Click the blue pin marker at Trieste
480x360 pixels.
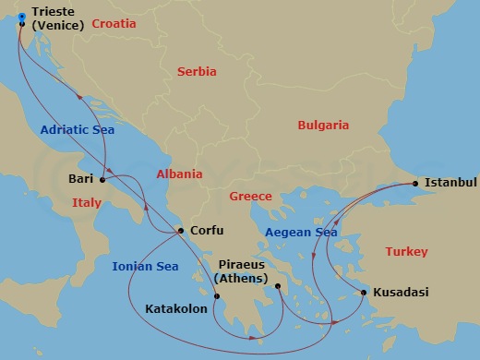(x=22, y=16)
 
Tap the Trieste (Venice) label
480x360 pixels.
(x=57, y=19)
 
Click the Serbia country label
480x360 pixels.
(x=197, y=71)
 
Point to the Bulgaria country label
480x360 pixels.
(x=322, y=125)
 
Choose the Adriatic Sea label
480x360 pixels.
(x=77, y=130)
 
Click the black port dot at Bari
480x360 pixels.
(x=102, y=180)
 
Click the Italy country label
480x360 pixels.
(x=86, y=202)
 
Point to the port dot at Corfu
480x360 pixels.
(x=182, y=232)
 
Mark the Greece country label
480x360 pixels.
(x=250, y=196)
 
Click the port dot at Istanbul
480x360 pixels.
(x=415, y=184)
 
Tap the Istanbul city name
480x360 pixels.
(x=450, y=183)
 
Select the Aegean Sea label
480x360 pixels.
(x=300, y=233)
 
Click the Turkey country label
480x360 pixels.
(x=406, y=251)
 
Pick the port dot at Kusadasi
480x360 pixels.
(x=364, y=293)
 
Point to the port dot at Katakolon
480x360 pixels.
(x=217, y=296)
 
